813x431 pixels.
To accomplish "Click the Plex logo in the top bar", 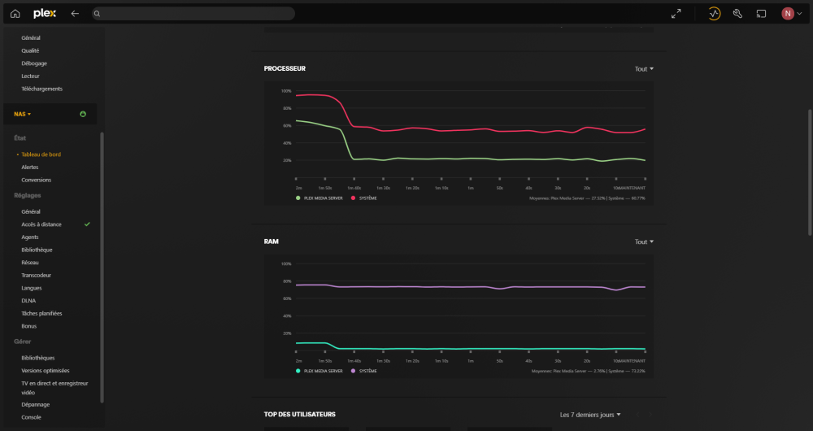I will coord(45,13).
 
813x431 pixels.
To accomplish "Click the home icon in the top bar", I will coord(15,13).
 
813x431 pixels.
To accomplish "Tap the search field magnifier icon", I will coord(97,14).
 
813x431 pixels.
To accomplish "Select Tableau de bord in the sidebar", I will coord(41,154).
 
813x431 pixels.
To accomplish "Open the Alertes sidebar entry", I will coord(30,167).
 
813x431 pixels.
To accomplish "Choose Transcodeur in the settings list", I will coord(36,275).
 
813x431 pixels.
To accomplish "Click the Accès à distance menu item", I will coord(41,224).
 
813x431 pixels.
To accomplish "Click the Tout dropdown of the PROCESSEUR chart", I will coord(644,69).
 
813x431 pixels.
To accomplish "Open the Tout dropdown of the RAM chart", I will coord(644,242).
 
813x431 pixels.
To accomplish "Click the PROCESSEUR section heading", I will coord(285,69).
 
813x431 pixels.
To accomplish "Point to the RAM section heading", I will coord(272,242).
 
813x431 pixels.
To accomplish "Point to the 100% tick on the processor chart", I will coord(285,91).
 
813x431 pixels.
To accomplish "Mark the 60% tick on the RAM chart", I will coord(285,298).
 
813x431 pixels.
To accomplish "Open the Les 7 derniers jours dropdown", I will coord(590,415).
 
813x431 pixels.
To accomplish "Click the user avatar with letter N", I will coord(788,13).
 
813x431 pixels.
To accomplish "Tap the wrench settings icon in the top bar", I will coord(738,13).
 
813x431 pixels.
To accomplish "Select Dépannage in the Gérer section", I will coord(36,404).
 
